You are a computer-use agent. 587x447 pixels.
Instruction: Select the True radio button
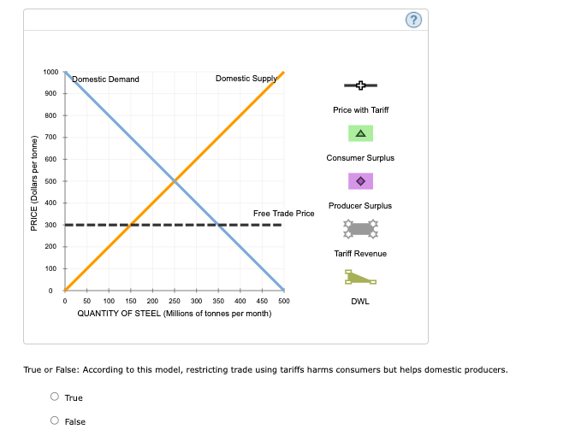click(55, 397)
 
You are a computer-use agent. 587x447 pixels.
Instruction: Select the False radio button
click(55, 421)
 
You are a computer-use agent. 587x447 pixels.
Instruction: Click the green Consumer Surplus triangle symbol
click(360, 133)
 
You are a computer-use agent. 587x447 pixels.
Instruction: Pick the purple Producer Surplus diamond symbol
click(360, 181)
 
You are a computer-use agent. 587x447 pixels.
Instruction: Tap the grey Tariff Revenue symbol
click(360, 228)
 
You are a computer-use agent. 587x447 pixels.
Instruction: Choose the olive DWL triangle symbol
click(360, 277)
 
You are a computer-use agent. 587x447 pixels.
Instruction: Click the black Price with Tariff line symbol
click(360, 85)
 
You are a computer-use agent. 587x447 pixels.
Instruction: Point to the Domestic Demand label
click(105, 79)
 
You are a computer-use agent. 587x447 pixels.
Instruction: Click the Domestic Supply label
click(246, 79)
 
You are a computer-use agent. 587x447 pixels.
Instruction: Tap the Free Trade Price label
click(283, 213)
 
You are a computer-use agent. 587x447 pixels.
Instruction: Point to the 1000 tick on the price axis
click(51, 72)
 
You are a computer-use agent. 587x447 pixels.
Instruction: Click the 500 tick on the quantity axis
click(284, 301)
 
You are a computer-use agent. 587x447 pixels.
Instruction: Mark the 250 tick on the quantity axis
click(175, 301)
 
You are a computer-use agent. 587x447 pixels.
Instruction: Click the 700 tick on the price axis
click(51, 138)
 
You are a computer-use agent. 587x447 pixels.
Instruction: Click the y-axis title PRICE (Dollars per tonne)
click(33, 182)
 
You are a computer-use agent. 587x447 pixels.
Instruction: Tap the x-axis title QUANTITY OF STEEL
click(175, 314)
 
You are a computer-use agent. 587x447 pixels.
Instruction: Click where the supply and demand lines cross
click(175, 181)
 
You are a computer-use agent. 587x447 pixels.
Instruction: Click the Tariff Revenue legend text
click(360, 254)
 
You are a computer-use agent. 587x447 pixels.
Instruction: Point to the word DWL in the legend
click(360, 301)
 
